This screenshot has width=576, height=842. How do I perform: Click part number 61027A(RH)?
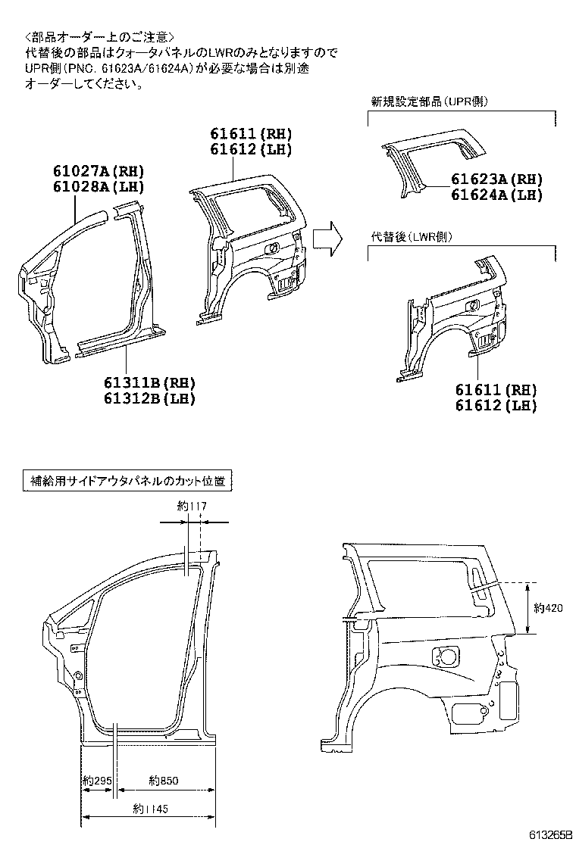point(99,171)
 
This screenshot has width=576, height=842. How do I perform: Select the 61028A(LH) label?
point(99,187)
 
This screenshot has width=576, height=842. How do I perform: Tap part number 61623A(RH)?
point(497,179)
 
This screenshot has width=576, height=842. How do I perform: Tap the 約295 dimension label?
point(98,780)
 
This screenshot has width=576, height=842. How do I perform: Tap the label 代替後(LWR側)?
point(412,237)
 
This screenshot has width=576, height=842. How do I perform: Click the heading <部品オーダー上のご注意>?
point(99,36)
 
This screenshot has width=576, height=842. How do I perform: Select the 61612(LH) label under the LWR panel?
point(496,406)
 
